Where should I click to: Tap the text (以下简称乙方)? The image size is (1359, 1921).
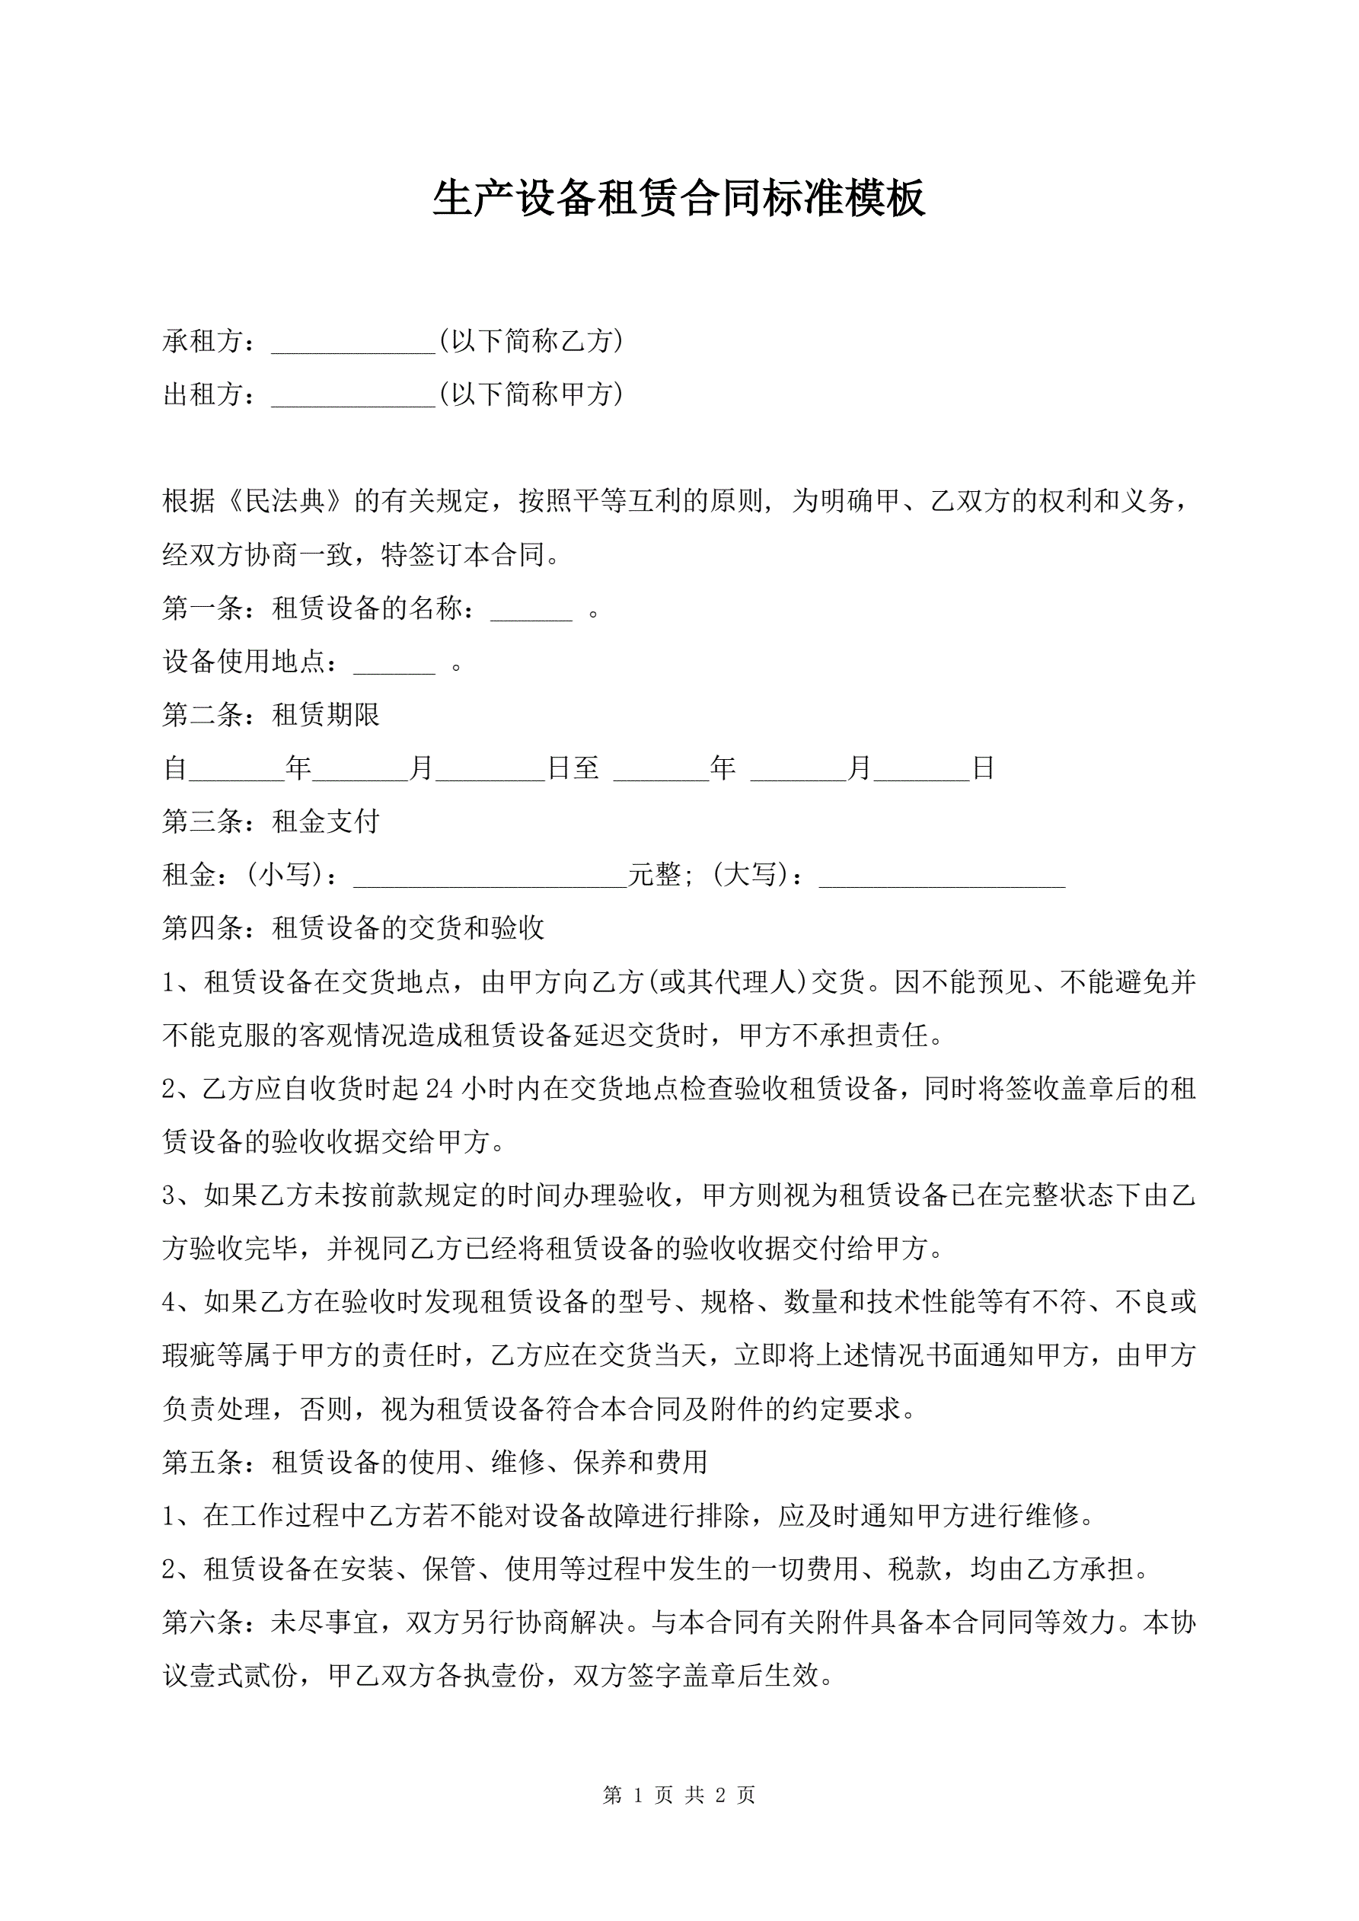(531, 341)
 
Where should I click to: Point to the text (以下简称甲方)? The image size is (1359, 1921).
(531, 394)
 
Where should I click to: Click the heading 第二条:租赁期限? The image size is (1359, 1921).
(271, 714)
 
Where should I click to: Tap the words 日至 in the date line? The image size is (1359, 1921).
(573, 768)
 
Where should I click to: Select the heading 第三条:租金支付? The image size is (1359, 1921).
(271, 822)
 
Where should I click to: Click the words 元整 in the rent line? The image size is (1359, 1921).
(656, 875)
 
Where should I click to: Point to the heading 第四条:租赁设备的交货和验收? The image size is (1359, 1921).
(353, 928)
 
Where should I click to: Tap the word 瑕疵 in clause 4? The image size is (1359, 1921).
(189, 1355)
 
